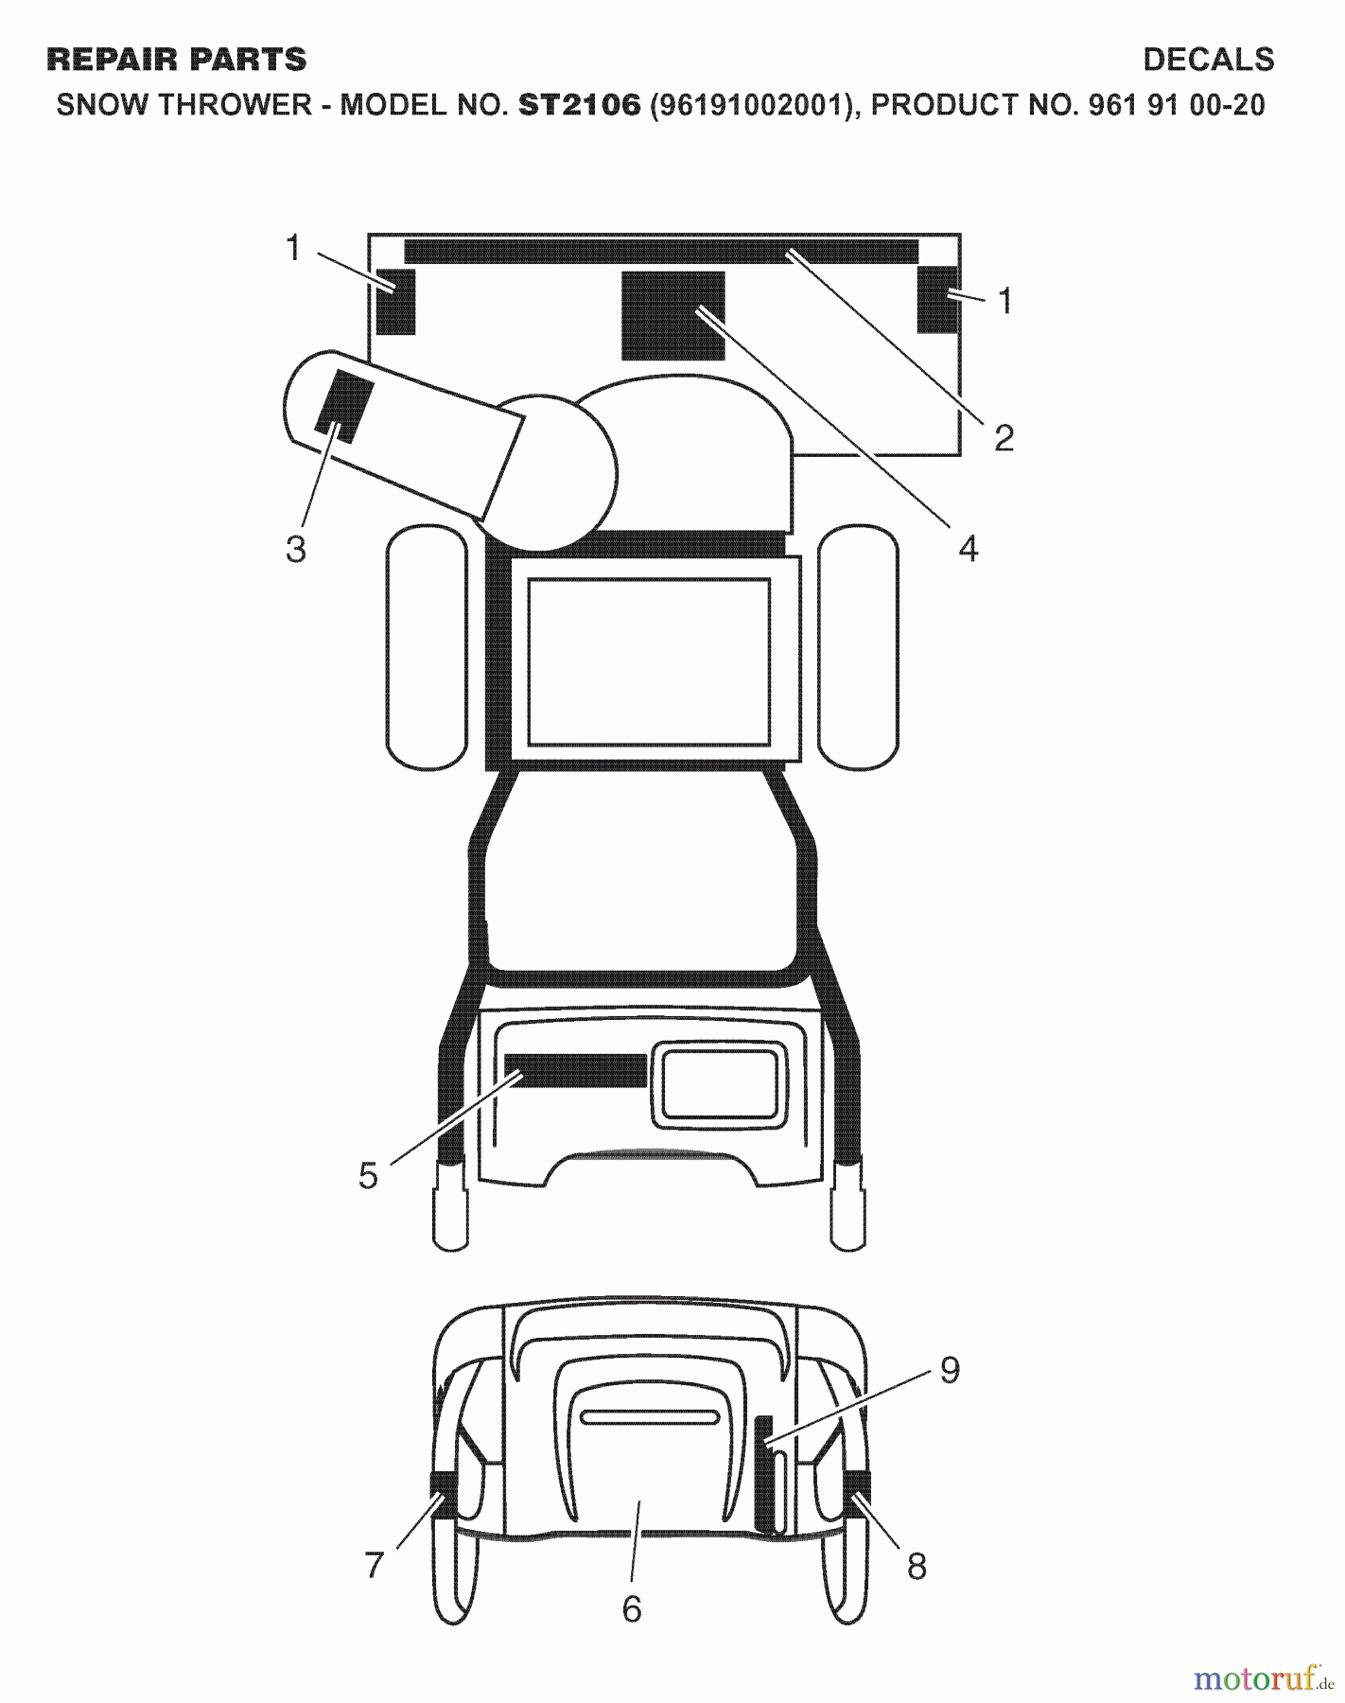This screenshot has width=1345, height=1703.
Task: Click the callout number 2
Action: coord(1004,437)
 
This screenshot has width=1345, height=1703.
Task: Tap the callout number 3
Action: coord(296,549)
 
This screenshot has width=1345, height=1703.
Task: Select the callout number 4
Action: coord(968,548)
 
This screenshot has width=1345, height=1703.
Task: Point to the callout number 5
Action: coord(368,1176)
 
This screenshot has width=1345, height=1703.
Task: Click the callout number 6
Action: coord(632,1608)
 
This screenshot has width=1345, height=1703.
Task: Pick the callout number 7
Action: coord(375,1566)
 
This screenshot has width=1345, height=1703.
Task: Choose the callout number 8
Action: coord(917,1567)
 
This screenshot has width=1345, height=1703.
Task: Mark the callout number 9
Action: coord(950,1369)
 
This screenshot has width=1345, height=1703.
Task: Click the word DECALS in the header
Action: coord(1208,60)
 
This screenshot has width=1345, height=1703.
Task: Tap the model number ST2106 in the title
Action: coord(579,105)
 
